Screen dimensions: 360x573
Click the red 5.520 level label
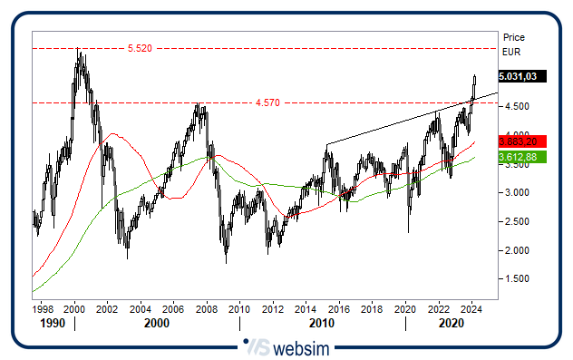pyautogui.click(x=139, y=48)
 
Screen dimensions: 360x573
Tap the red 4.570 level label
pyautogui.click(x=267, y=103)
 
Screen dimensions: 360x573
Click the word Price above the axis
pyautogui.click(x=513, y=38)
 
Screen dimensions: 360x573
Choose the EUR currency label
pyautogui.click(x=512, y=53)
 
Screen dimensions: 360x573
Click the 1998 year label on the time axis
pyautogui.click(x=42, y=309)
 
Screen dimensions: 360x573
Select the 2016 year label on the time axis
pyautogui.click(x=339, y=309)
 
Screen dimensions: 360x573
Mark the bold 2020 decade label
pyautogui.click(x=453, y=323)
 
